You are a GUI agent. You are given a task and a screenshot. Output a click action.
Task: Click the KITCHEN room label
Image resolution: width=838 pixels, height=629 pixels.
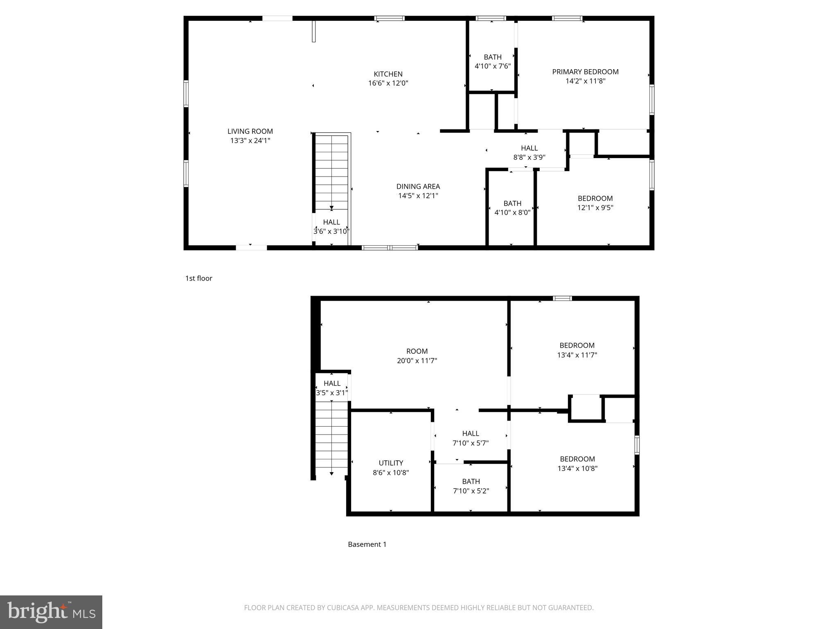(388, 74)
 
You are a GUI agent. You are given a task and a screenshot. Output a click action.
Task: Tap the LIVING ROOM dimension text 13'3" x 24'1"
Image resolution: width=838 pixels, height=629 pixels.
(250, 140)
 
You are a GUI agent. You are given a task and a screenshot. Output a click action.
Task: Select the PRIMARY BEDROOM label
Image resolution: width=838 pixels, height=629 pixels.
(585, 72)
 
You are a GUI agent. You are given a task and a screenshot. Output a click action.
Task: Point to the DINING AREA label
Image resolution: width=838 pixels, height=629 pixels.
(418, 186)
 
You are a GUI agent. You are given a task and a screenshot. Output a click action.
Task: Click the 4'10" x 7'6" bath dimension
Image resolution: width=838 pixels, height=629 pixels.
(492, 66)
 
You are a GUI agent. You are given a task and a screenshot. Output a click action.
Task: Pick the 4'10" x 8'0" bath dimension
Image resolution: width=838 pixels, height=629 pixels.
(512, 213)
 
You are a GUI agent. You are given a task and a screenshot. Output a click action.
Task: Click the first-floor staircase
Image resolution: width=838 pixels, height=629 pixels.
(331, 172)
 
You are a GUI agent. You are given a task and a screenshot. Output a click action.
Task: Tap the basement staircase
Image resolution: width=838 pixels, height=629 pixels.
(331, 436)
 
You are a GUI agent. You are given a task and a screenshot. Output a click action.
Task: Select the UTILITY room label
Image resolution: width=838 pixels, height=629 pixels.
(391, 463)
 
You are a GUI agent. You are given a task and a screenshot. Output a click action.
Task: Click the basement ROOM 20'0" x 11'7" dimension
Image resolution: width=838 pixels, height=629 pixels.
(417, 361)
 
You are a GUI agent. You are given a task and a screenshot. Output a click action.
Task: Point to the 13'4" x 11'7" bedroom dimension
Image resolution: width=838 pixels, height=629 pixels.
(577, 355)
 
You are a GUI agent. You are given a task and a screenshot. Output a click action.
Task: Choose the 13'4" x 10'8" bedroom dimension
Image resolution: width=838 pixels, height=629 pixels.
(577, 468)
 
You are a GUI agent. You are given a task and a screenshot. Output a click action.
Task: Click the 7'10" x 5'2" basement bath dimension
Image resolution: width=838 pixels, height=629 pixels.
(471, 491)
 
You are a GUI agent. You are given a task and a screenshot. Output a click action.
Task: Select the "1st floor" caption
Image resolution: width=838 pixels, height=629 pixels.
(199, 278)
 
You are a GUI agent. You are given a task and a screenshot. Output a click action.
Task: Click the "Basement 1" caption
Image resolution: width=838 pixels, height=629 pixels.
(367, 544)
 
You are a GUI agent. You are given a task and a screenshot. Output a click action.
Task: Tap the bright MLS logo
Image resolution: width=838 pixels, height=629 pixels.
(51, 612)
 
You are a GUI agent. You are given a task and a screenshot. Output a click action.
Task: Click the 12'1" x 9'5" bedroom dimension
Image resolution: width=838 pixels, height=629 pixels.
(595, 208)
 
